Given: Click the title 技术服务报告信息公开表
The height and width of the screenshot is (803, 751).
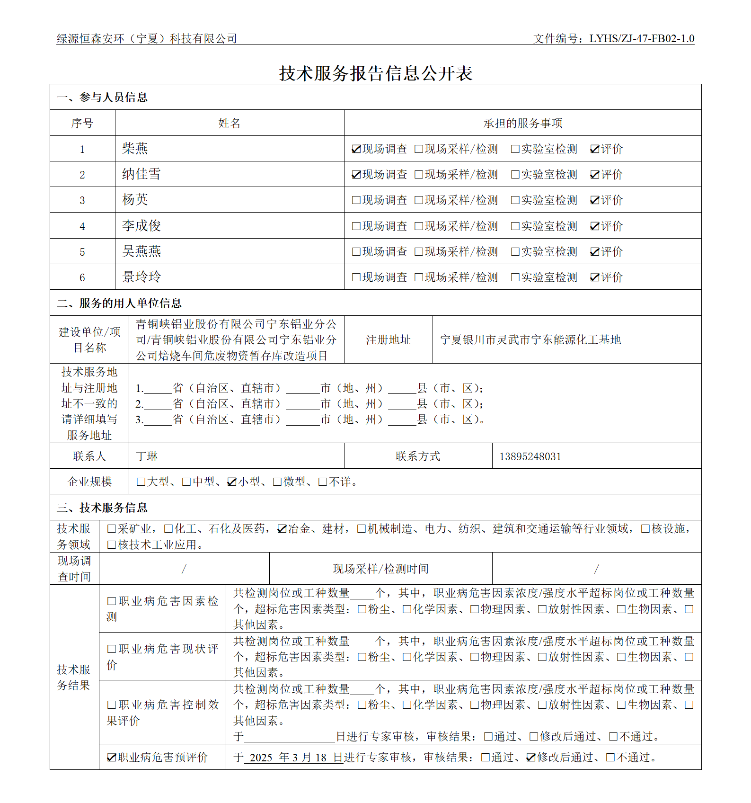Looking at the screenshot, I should pyautogui.click(x=376, y=73).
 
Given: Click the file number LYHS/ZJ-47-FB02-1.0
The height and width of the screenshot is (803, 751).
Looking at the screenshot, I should pyautogui.click(x=642, y=39).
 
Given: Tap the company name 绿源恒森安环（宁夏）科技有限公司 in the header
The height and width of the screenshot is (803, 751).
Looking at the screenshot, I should pyautogui.click(x=147, y=39).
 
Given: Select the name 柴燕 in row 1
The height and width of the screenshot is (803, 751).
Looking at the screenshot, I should pyautogui.click(x=135, y=149).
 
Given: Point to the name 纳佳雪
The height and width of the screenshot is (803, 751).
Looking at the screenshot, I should pyautogui.click(x=141, y=174).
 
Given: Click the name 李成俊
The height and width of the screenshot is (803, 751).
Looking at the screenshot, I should pyautogui.click(x=141, y=225).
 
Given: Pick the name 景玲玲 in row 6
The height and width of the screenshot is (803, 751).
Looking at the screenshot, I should pyautogui.click(x=141, y=277).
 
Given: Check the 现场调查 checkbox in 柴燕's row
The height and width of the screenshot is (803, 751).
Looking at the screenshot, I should pyautogui.click(x=356, y=149).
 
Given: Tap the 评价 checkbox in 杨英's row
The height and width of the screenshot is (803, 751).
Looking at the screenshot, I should pyautogui.click(x=595, y=200).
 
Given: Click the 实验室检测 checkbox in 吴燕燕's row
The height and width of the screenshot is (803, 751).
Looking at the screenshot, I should pyautogui.click(x=515, y=252).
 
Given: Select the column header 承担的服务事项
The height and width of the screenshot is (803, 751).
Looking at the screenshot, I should pyautogui.click(x=522, y=124).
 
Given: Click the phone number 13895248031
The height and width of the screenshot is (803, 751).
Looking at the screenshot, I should pyautogui.click(x=530, y=456).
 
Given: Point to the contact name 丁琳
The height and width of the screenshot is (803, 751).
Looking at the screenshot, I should pyautogui.click(x=147, y=456).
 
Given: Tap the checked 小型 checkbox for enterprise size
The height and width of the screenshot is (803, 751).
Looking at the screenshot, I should pyautogui.click(x=232, y=482).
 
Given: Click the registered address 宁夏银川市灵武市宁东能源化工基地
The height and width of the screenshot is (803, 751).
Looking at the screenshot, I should pyautogui.click(x=530, y=340).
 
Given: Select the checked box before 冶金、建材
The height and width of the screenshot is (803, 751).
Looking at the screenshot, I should pyautogui.click(x=282, y=529).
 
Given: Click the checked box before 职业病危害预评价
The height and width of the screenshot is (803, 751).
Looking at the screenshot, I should pyautogui.click(x=112, y=758).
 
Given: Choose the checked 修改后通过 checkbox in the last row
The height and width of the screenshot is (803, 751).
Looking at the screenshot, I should pyautogui.click(x=531, y=758).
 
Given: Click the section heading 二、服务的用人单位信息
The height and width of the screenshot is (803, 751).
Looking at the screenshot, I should pyautogui.click(x=119, y=303).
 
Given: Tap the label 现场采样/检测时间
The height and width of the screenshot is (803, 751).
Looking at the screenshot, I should pyautogui.click(x=380, y=569).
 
